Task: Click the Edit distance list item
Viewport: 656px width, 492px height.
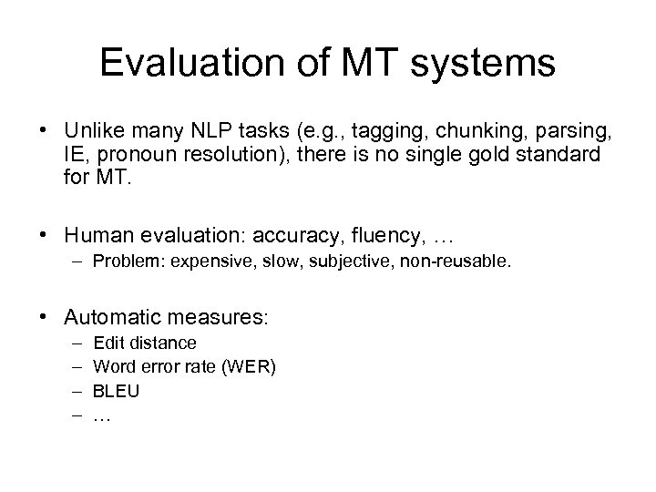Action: pos(144,343)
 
